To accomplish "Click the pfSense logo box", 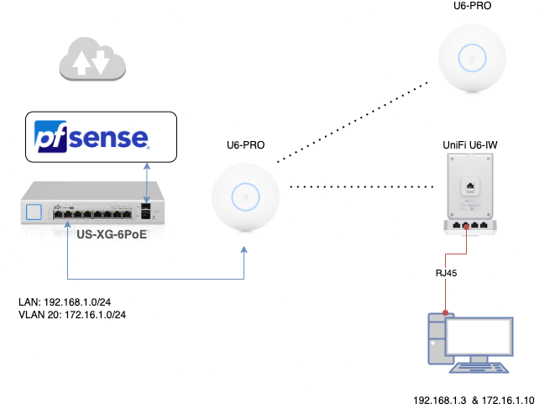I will tap(101, 137).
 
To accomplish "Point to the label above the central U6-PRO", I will tap(244, 144).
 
